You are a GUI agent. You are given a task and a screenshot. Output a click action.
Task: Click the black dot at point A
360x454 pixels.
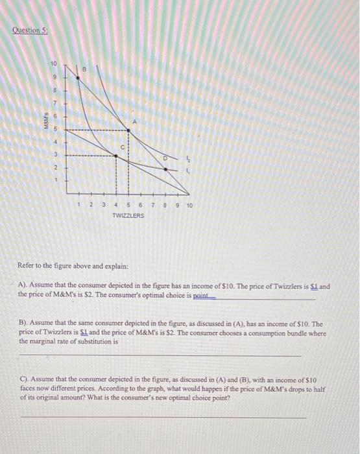point(128,130)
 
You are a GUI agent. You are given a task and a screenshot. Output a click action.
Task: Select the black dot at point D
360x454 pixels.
point(165,169)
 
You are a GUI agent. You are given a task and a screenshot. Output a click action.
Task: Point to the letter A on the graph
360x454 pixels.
point(135,121)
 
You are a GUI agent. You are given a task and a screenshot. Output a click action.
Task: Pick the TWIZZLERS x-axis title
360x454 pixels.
point(128,215)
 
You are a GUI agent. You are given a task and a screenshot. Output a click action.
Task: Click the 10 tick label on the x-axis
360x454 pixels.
point(189,206)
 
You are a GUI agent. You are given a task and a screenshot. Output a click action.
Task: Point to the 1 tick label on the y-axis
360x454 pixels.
point(57,180)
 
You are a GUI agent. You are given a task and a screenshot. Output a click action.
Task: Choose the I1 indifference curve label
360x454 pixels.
point(189,171)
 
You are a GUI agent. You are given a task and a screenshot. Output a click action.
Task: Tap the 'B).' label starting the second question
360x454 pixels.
point(25,322)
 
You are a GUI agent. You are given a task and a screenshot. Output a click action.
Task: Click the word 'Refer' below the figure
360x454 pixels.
point(29,267)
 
